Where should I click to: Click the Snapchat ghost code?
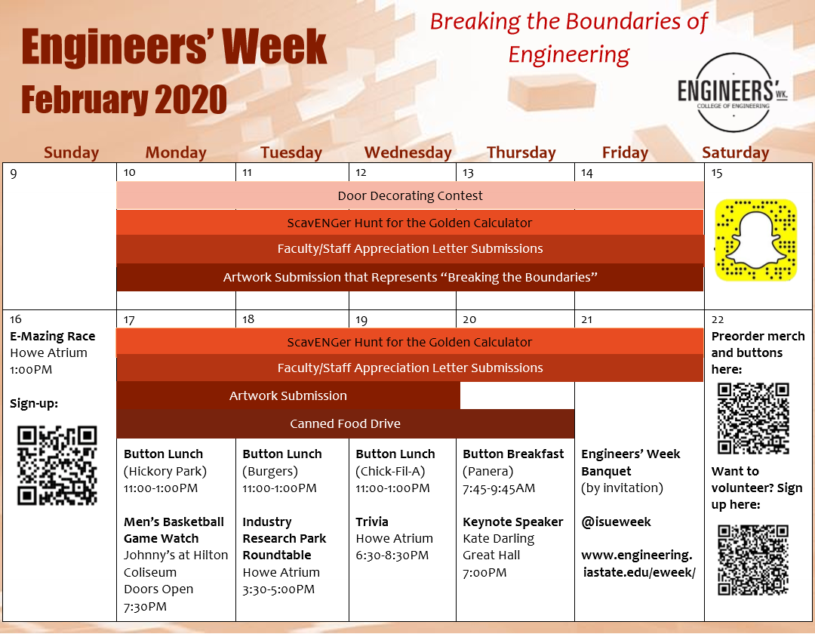coord(756,240)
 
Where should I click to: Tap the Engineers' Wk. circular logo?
coord(733,93)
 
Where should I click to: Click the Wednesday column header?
coord(408,152)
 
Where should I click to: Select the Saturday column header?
coord(736,152)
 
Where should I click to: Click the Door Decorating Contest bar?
coord(410,195)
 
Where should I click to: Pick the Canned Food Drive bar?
coord(345,423)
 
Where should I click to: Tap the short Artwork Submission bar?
coord(288,395)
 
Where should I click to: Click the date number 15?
coord(717,173)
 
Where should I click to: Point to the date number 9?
coord(14,174)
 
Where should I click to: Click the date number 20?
coord(469,319)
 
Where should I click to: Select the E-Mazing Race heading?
coord(53,336)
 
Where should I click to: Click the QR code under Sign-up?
coord(57,465)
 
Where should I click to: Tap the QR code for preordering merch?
coord(754,418)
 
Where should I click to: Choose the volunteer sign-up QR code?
coord(754,560)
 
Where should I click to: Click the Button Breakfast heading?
coord(513,454)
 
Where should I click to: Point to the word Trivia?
coord(371,522)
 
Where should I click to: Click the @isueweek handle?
coord(616,522)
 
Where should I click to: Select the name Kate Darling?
coord(499,538)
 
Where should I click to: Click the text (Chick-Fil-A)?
coord(390,471)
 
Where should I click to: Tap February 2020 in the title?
coord(125,100)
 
